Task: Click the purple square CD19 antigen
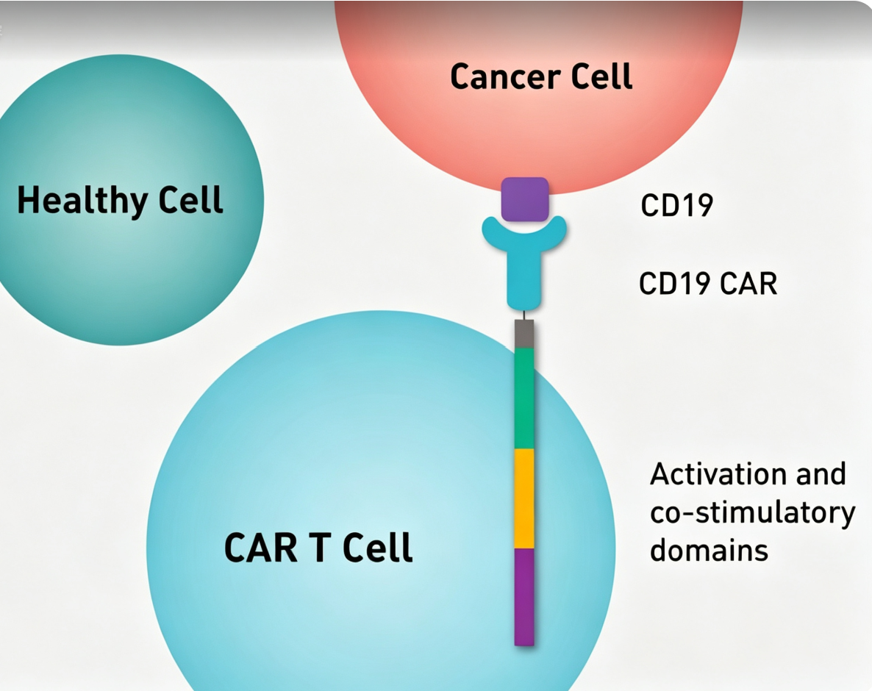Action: (525, 199)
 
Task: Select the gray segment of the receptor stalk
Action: (524, 334)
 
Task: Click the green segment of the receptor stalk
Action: (524, 398)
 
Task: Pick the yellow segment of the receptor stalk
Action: (524, 498)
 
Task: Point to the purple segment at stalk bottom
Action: (524, 597)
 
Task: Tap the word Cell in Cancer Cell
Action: (601, 76)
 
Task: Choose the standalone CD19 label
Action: (677, 205)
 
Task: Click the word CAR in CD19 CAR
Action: (748, 284)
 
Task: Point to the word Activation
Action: (718, 474)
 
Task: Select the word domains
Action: (709, 551)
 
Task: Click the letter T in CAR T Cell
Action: (320, 548)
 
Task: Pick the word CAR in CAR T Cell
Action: (261, 548)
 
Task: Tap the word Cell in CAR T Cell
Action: (378, 548)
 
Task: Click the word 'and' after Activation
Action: (821, 474)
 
